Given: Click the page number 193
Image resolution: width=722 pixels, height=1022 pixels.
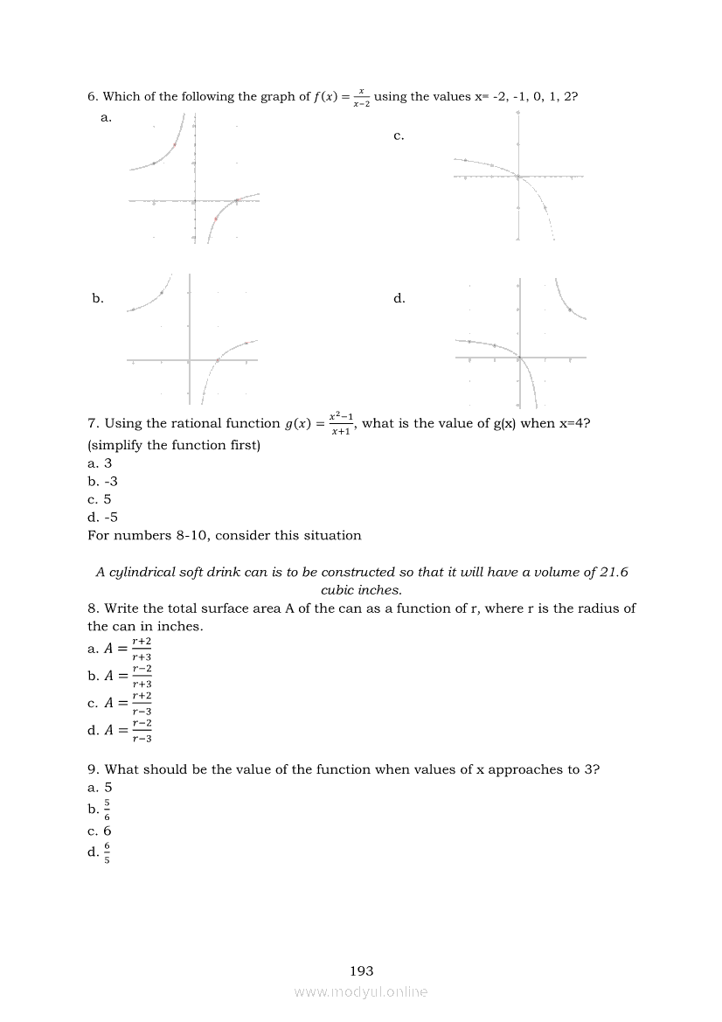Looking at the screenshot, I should click(x=361, y=970).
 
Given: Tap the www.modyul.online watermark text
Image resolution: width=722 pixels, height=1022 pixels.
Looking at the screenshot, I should click(x=361, y=991).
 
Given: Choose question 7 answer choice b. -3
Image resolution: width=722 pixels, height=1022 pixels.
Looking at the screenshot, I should click(x=102, y=481).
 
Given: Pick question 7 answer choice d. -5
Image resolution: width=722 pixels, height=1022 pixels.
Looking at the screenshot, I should click(x=102, y=517).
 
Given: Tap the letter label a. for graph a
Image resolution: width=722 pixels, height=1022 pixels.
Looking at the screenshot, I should click(x=107, y=117).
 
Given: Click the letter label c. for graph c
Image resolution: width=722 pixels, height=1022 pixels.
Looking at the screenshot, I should click(x=399, y=136).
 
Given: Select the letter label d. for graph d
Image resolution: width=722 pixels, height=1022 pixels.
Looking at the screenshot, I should click(x=399, y=298).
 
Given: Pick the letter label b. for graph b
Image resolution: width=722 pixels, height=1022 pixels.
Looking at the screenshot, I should click(x=98, y=298).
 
